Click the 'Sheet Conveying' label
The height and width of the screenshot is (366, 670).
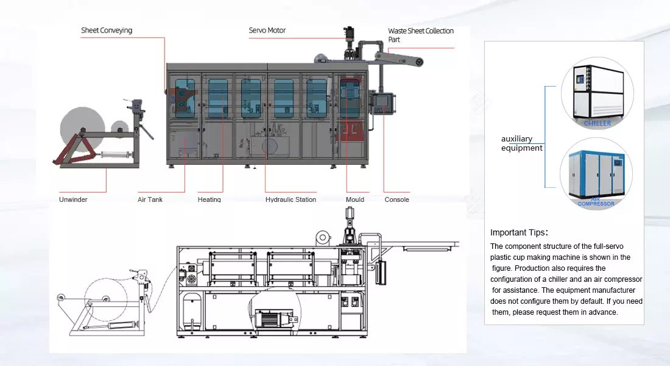(x=107, y=30)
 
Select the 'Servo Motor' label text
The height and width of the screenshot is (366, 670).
(x=267, y=30)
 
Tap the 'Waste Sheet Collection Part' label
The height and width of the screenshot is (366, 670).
(x=420, y=35)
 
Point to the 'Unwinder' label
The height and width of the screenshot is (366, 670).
(x=73, y=199)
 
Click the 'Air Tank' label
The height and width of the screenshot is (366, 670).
(x=150, y=199)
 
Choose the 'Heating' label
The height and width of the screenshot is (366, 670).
(x=209, y=199)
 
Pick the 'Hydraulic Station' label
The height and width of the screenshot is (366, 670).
(x=291, y=199)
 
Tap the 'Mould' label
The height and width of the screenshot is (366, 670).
(x=354, y=199)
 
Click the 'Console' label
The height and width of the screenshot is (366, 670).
(x=397, y=199)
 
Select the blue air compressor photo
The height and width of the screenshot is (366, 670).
(x=597, y=173)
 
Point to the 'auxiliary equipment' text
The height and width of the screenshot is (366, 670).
(x=521, y=143)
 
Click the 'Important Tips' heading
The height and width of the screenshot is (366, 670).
(x=519, y=232)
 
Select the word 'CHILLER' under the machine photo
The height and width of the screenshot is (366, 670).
(x=597, y=123)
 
